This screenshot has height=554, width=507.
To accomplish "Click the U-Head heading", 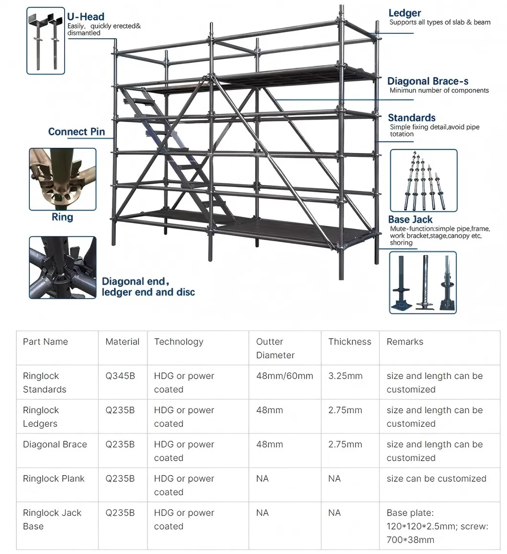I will point(86,17).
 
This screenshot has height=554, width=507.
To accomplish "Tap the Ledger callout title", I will point(405,13).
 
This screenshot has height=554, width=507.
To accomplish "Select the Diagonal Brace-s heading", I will point(428,81).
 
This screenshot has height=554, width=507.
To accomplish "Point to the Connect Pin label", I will point(77,132).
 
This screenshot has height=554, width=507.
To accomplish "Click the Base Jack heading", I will point(410,220).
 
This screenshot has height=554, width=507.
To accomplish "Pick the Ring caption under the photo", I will point(62,217).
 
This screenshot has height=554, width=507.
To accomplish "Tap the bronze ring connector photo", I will point(62,179).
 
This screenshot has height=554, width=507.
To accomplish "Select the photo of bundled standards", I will point(423,180).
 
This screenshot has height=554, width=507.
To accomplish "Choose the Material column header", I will point(123,342).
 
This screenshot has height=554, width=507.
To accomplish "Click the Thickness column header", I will point(349,342).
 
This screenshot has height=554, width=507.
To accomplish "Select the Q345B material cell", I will point(120,376).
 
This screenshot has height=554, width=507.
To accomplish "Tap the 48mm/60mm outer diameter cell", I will point(284,376).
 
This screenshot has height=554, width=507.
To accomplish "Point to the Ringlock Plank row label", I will point(54,478).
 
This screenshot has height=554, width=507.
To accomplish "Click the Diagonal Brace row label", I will point(55,444).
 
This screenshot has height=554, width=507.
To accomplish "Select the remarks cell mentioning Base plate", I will point(437,526).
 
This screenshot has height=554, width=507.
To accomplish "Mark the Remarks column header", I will point(405,342).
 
